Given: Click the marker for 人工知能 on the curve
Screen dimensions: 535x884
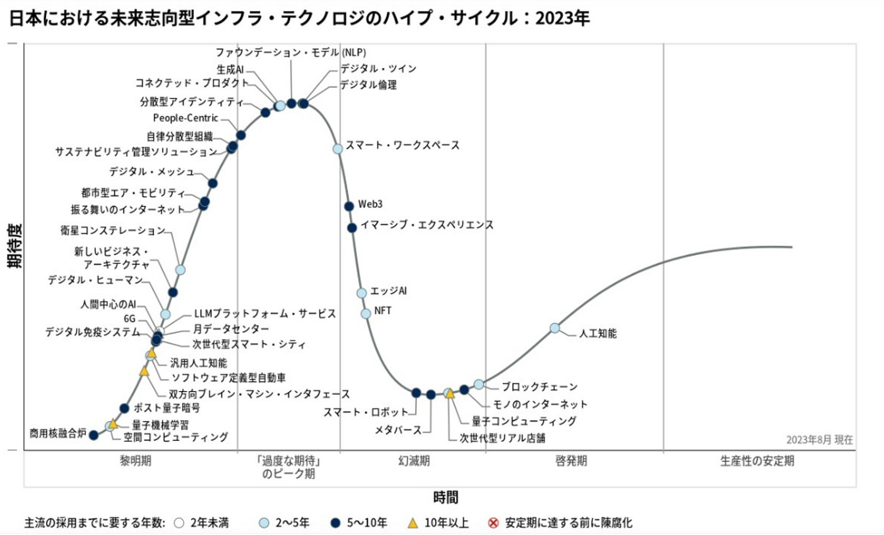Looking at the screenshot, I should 554,328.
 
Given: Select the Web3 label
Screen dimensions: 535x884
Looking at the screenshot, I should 370,204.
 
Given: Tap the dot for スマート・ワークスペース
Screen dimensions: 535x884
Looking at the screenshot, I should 338,149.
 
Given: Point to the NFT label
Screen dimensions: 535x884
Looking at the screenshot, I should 382,311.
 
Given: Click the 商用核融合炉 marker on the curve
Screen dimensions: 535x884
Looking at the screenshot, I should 93,435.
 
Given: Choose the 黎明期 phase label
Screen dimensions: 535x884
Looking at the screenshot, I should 135,461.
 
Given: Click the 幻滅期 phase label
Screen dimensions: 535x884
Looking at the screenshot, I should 414,461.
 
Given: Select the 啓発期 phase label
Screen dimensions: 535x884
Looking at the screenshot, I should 571,461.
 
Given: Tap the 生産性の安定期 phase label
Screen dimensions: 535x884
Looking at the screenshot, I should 757,461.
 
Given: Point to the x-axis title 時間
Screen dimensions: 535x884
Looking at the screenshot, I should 446,497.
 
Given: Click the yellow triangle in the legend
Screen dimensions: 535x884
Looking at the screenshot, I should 413,523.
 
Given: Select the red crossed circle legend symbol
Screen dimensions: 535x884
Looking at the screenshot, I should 493,523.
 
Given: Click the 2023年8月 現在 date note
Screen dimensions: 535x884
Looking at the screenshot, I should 819,440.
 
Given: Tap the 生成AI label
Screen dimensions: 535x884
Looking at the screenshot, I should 230,69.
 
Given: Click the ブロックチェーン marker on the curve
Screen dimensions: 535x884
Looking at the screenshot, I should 479,385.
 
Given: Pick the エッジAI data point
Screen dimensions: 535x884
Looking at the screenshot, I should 362,293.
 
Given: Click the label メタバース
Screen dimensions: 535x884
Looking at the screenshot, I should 398,430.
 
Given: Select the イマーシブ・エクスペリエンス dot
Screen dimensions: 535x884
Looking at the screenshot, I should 352,228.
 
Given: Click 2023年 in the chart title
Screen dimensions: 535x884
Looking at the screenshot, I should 562,18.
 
